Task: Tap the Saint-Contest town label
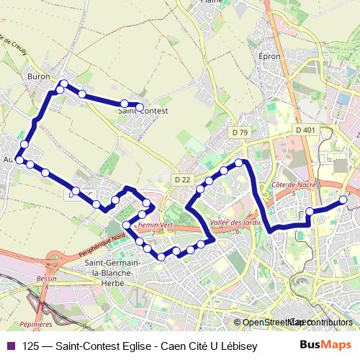144,112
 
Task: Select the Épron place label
269,55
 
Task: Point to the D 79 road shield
240,132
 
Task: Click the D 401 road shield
305,130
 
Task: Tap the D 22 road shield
182,179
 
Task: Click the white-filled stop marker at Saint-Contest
140,107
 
